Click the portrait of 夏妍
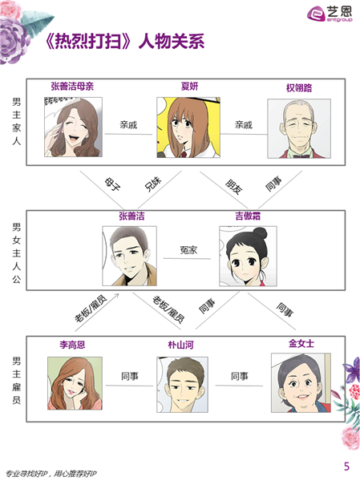coord(188,127)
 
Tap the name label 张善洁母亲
coord(72,87)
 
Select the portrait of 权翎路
coord(299,128)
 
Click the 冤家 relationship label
coord(188,250)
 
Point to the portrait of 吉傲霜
coord(248,257)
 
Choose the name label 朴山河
coord(180,345)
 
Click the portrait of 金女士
coord(301,382)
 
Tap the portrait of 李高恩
coord(75,383)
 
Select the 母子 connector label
coord(112,184)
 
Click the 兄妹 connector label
coord(153,184)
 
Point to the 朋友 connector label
coord(234,187)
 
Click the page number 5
coord(347,467)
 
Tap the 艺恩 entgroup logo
coord(330,14)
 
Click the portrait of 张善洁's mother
coord(73,127)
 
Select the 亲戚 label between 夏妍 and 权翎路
coord(244,125)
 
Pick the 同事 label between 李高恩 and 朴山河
coord(130,376)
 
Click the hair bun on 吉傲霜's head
coord(261,233)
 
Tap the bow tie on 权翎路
coord(301,156)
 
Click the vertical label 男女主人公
coord(17,253)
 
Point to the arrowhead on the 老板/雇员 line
coord(117,295)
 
